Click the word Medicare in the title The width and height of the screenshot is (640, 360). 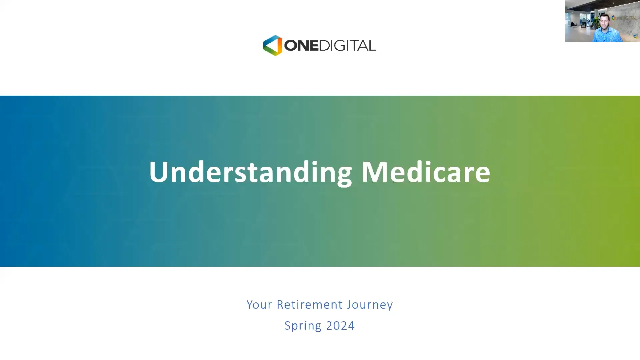(426, 172)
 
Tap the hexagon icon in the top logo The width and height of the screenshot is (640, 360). (273, 45)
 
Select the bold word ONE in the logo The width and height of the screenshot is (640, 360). (301, 46)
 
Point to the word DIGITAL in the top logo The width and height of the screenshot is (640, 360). (348, 46)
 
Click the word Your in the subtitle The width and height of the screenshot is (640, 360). (259, 305)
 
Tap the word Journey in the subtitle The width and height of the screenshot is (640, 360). (370, 305)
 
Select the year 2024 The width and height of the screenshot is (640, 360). (340, 326)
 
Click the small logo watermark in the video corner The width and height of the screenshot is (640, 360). (636, 36)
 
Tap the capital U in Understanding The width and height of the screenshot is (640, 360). (158, 172)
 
